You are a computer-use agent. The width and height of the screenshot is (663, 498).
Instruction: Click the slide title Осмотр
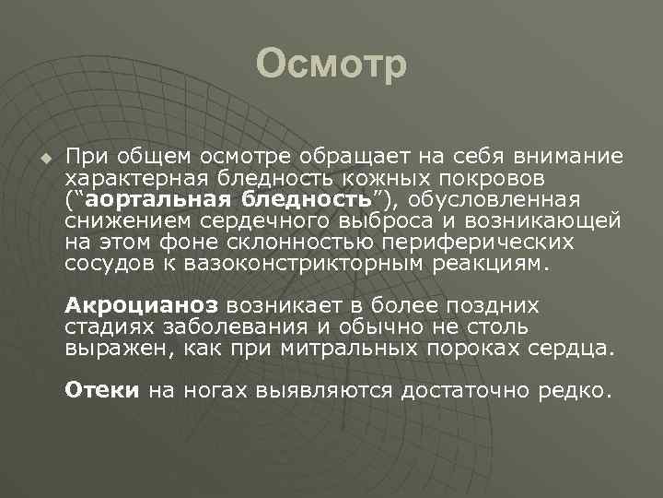pos(331,65)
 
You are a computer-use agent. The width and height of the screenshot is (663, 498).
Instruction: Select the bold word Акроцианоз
pos(141,305)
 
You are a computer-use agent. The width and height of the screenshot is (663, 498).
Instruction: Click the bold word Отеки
pos(101,390)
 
